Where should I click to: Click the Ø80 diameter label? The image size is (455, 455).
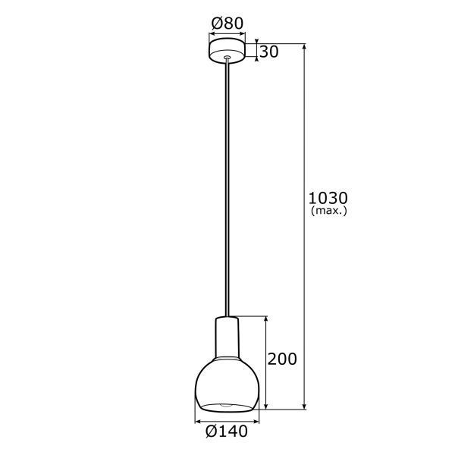[x=227, y=24]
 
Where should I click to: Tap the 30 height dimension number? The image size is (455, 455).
[x=268, y=52]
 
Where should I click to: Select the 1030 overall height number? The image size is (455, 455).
[x=328, y=197]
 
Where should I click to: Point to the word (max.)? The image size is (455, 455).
[x=329, y=211]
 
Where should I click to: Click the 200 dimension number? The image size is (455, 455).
[x=282, y=359]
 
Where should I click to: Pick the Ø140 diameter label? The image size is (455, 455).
[x=227, y=432]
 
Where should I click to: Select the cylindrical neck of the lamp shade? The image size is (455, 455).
[x=227, y=334]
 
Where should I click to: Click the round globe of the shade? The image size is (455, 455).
[x=227, y=383]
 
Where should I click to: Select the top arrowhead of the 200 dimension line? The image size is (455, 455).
[x=265, y=319]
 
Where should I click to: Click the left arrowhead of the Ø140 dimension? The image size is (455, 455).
[x=199, y=419]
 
